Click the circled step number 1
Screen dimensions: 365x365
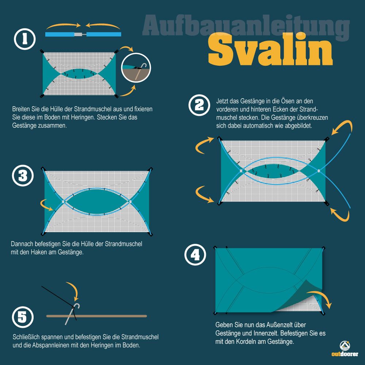(25, 39)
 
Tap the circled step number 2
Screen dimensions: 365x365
(199, 105)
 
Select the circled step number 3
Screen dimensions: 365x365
(23, 176)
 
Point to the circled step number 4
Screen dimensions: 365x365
(195, 255)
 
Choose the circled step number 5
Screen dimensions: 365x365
(23, 317)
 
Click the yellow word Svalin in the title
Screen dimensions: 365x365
(270, 49)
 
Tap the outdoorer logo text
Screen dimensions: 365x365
(345, 354)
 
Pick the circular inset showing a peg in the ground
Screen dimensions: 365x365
(136, 68)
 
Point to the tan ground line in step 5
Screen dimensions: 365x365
(97, 316)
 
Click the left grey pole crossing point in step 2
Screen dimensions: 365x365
(241, 171)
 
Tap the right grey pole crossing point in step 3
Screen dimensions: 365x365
(130, 201)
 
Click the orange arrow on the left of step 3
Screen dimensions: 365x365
(47, 205)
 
